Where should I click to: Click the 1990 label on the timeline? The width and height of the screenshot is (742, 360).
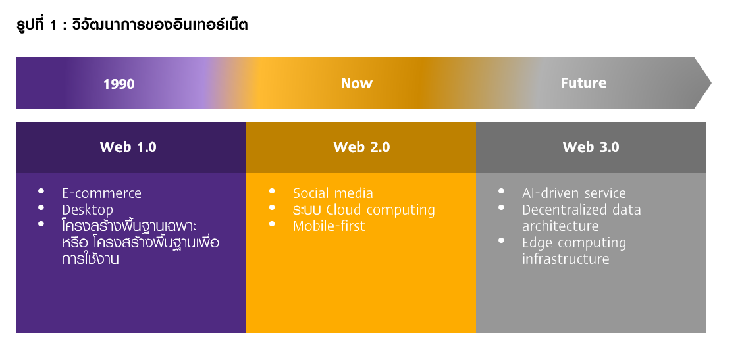tap(119, 84)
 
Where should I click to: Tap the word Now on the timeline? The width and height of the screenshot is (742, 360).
tap(357, 84)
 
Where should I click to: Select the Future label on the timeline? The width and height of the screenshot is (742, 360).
tap(583, 83)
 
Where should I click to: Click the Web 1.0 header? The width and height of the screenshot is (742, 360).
tap(128, 147)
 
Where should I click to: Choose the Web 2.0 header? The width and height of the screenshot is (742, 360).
tap(361, 147)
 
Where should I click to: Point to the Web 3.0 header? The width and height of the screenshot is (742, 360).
tap(591, 147)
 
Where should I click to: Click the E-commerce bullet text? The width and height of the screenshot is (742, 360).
tap(102, 193)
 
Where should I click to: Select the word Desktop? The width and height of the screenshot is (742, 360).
tap(88, 210)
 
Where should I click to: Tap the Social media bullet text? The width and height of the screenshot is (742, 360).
tap(333, 193)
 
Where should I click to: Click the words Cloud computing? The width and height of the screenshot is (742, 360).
tap(381, 210)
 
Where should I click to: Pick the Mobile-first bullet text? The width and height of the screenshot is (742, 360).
tap(329, 226)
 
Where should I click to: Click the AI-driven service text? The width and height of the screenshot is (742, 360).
tap(574, 193)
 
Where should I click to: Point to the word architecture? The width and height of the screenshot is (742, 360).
tap(560, 226)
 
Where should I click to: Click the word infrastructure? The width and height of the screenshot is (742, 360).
tap(566, 259)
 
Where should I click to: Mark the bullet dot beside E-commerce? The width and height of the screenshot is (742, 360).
tap(41, 191)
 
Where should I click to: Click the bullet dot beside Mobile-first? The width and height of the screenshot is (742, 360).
tap(272, 224)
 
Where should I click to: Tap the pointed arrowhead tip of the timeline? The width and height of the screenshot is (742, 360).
tap(711, 83)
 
